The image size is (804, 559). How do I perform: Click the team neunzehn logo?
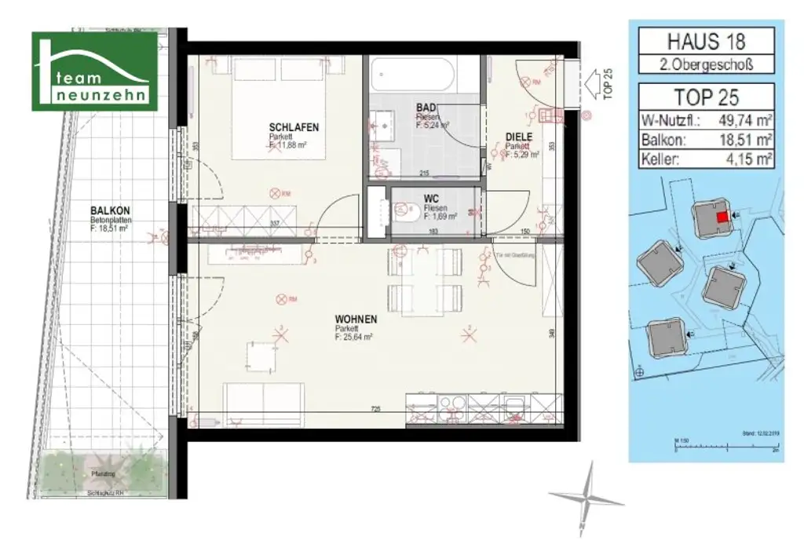(94, 71)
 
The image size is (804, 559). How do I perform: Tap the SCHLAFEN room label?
(294, 127)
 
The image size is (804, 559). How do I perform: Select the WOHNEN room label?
(355, 319)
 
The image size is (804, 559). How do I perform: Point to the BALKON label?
(110, 211)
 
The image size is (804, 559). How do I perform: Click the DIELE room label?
(518, 137)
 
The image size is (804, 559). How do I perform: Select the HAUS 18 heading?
(705, 40)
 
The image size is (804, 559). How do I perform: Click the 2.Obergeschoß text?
(705, 65)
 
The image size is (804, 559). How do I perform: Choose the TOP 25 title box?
(705, 97)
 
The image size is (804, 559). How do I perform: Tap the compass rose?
(585, 498)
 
